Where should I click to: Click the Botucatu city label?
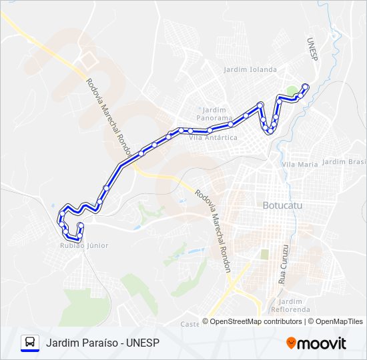click(283, 205)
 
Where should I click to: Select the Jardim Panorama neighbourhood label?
click(214, 113)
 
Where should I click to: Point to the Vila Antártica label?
click(213, 137)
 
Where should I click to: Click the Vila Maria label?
click(300, 164)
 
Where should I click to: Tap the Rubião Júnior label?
click(79, 245)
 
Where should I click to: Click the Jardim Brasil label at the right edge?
click(344, 162)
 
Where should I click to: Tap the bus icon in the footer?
click(30, 343)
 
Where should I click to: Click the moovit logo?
click(316, 343)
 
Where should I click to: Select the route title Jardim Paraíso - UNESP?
click(103, 343)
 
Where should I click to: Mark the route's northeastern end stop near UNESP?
click(306, 86)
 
